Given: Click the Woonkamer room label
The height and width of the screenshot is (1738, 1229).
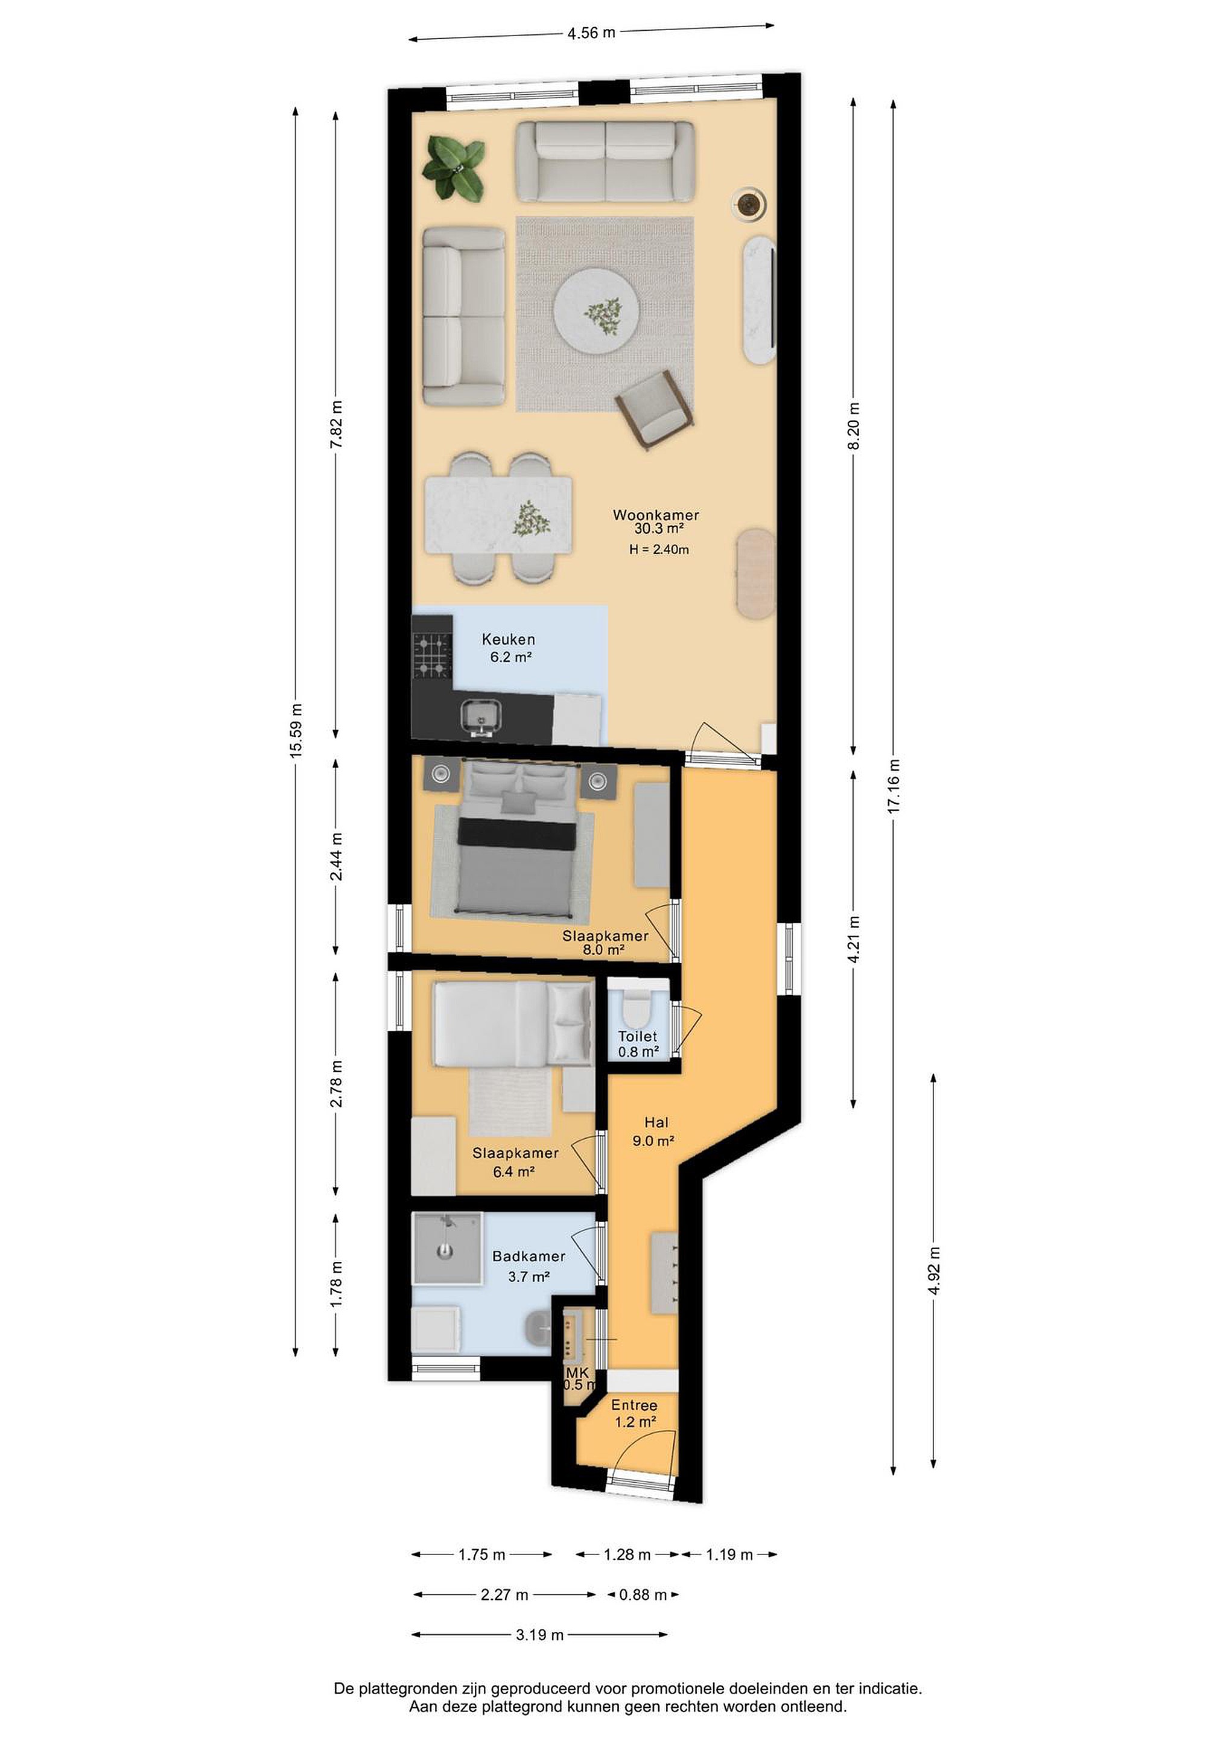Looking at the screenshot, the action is pos(655,515).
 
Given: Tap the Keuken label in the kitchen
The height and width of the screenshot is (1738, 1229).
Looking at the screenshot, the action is pos(508,639).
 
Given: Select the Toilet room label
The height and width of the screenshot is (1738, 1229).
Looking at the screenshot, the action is pos(637,1036).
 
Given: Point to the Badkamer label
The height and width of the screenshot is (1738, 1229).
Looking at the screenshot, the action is pos(529,1256).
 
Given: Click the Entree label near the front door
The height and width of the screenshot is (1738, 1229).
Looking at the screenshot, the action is pos(634,1405).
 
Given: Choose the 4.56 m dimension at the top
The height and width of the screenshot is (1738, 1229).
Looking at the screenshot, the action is pos(591,33).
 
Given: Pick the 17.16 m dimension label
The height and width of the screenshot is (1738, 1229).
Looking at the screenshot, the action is pos(894,786).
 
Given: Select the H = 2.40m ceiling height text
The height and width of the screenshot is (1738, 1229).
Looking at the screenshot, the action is pos(658,550).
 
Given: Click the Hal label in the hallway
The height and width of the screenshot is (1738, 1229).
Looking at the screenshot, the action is pos(656,1122).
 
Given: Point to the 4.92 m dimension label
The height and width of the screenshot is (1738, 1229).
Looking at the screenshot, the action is pos(934,1270).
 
